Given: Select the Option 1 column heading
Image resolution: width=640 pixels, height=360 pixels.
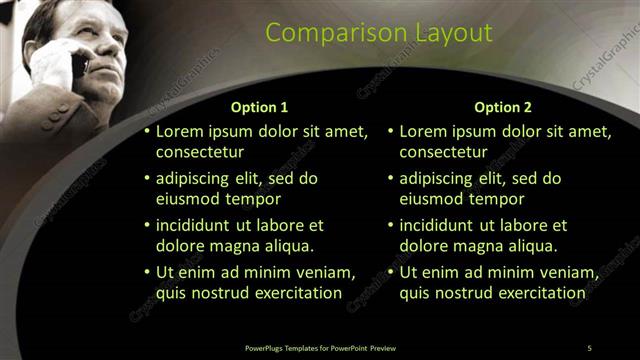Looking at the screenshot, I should pyautogui.click(x=259, y=107).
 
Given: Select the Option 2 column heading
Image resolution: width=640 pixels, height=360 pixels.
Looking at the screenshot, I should pyautogui.click(x=503, y=107).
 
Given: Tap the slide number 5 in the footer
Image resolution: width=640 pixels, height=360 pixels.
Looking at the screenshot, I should pyautogui.click(x=590, y=347).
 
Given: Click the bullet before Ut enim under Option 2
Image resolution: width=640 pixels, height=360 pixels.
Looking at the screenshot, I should pyautogui.click(x=390, y=272).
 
